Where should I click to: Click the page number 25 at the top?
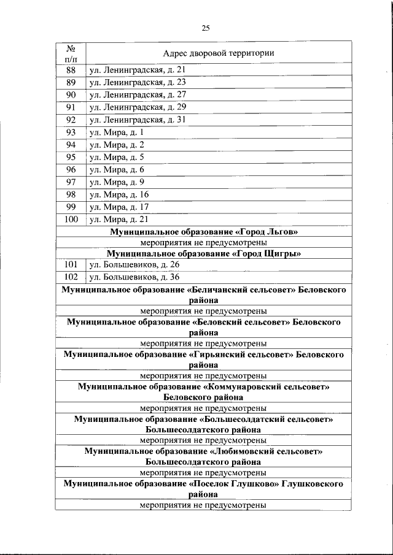(x=206, y=28)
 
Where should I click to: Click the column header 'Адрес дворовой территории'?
(x=218, y=53)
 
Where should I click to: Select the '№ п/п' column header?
(x=70, y=53)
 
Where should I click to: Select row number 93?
(x=70, y=132)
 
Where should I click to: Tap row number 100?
(x=70, y=220)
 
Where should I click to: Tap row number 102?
(x=70, y=277)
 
